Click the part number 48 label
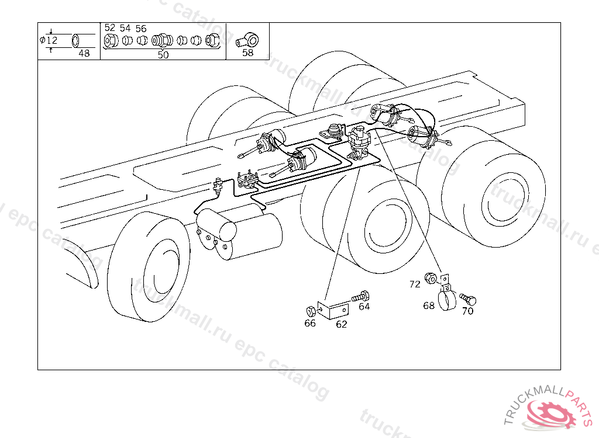(84, 53)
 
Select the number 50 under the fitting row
(163, 55)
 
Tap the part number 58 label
(247, 53)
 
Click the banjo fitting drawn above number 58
(247, 40)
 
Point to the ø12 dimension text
(49, 40)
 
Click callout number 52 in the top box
(109, 28)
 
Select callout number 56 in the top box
(141, 29)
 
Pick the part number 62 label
(342, 324)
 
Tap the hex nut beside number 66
(311, 311)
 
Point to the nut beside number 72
(431, 278)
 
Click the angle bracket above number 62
(333, 309)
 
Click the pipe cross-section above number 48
(76, 40)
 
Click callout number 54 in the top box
(125, 28)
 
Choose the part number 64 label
(364, 307)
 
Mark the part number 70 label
(467, 311)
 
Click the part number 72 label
(415, 284)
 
